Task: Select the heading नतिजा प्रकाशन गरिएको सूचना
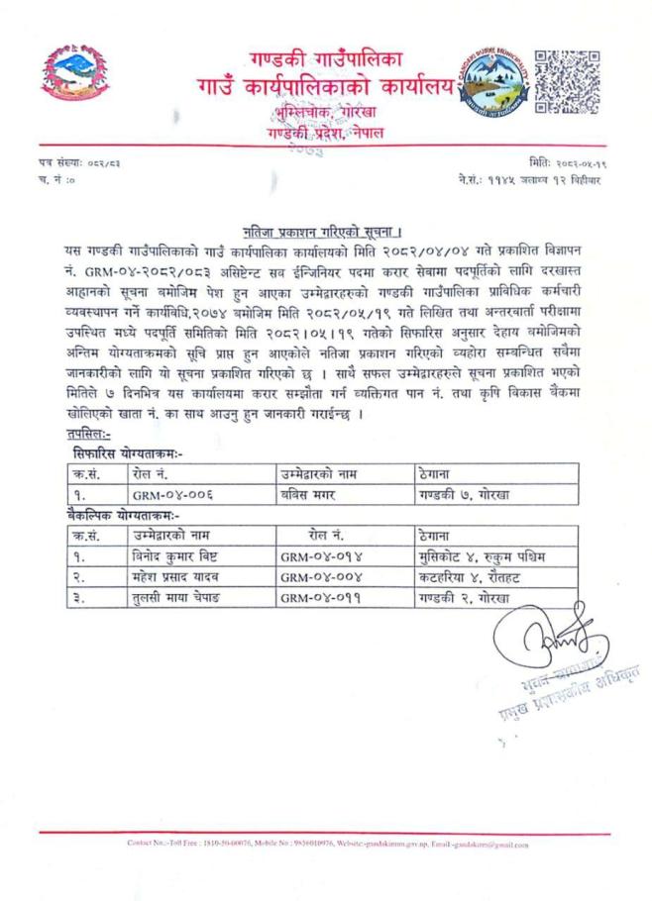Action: [326, 231]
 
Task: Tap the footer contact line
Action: [326, 845]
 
